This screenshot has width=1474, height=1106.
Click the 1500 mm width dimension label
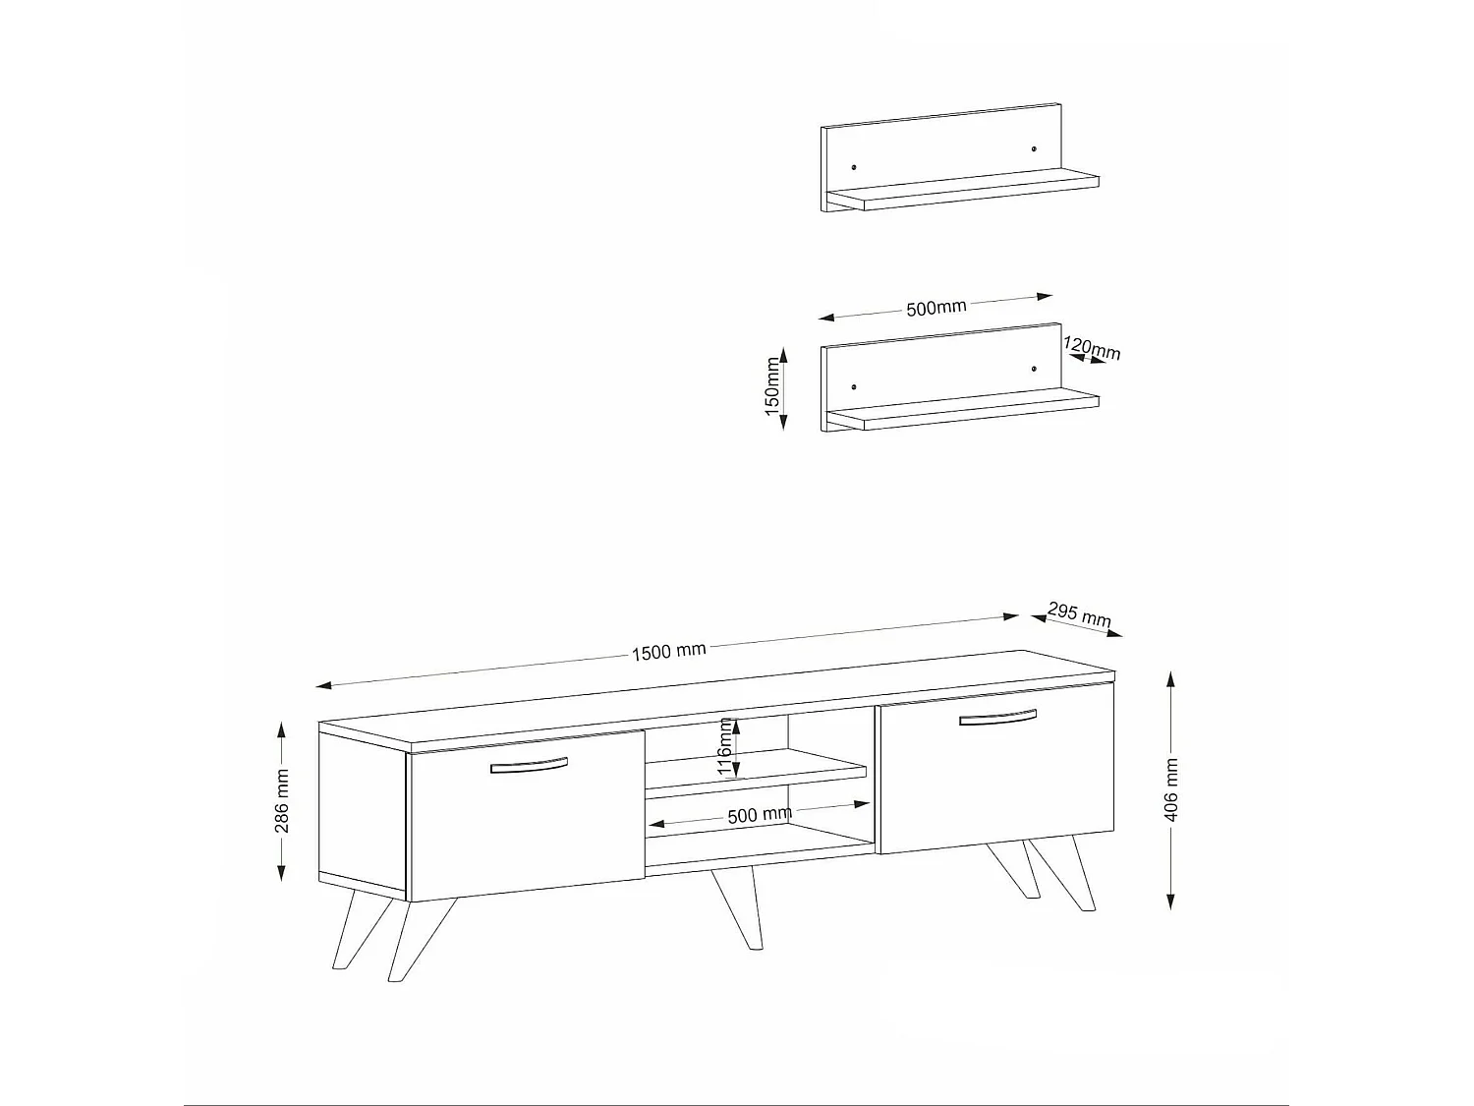[668, 651]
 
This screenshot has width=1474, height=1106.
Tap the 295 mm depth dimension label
[1078, 614]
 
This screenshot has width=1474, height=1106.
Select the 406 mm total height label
[1171, 789]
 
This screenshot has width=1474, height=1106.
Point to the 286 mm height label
[282, 801]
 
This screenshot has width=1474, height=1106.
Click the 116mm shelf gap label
[726, 746]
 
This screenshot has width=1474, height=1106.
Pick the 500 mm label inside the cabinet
[759, 815]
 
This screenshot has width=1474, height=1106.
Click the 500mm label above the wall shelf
[935, 308]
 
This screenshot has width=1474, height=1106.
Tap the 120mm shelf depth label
[1092, 349]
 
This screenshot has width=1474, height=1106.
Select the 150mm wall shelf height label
[772, 386]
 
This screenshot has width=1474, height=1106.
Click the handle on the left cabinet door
[529, 765]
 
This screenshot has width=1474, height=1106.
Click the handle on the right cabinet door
[997, 719]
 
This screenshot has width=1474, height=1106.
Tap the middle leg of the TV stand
[739, 908]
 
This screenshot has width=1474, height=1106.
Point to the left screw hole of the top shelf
[854, 166]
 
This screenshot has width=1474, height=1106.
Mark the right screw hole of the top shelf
[1035, 148]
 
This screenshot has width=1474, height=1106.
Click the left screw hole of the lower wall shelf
[854, 386]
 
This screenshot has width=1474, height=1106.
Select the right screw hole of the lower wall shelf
[1035, 369]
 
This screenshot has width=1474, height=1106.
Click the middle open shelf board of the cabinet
[755, 770]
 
